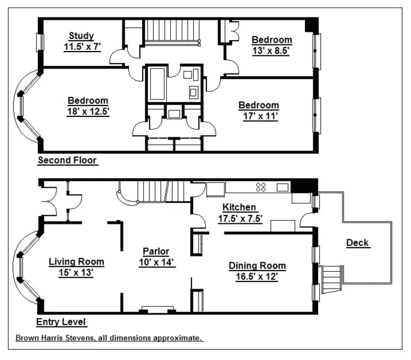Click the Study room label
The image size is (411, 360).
(80, 35)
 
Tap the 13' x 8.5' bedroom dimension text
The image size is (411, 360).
(271, 51)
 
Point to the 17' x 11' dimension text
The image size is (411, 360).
(259, 116)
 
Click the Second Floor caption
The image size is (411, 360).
(67, 160)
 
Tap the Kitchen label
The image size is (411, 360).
(239, 208)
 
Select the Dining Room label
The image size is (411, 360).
(257, 266)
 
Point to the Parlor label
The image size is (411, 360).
(155, 251)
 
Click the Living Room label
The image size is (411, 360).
(76, 262)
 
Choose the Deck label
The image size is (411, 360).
(358, 243)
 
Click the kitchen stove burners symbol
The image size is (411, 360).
(262, 186)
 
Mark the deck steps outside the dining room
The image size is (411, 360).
(332, 280)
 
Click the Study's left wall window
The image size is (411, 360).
(40, 42)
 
